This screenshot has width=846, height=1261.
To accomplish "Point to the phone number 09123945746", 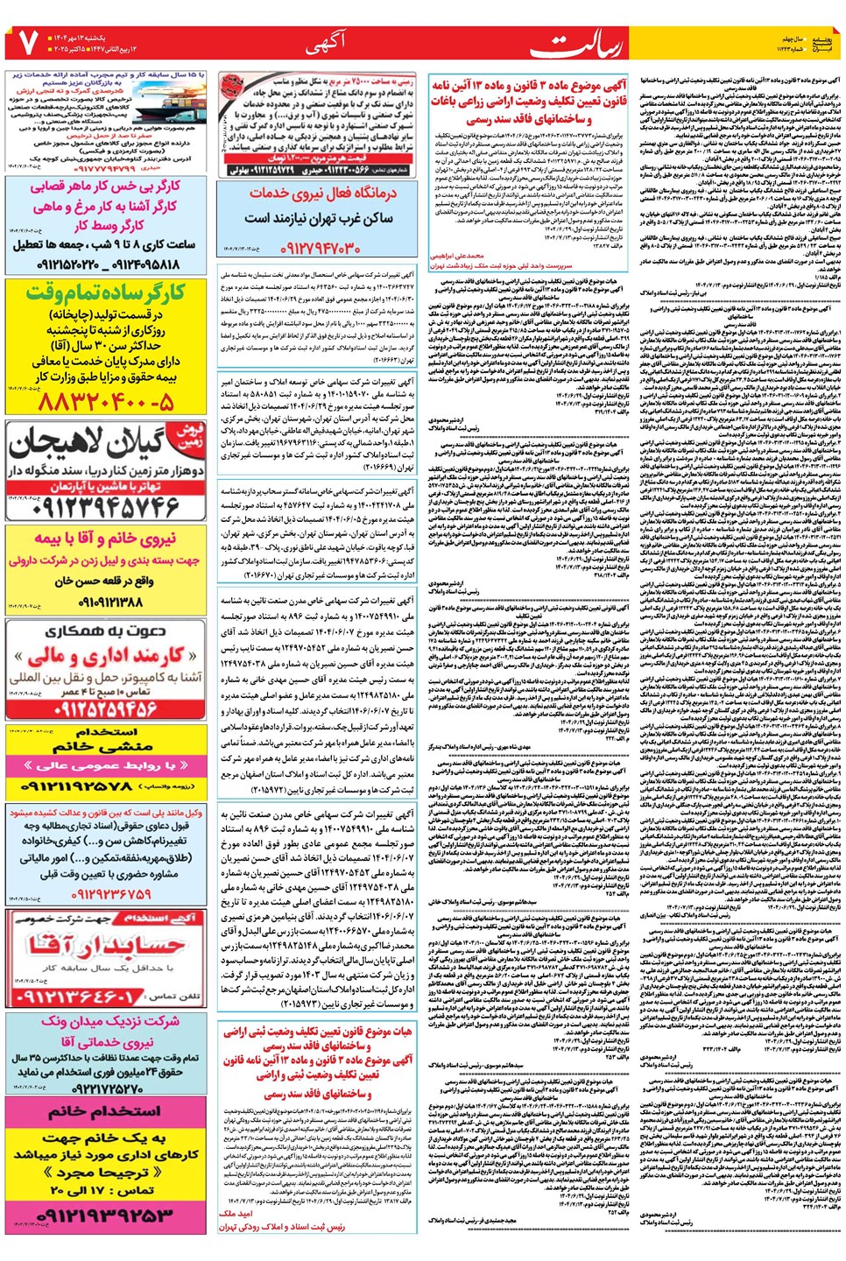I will (x=105, y=507).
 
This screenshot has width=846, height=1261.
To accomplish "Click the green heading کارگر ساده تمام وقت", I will (x=105, y=292).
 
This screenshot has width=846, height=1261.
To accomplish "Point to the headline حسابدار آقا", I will (x=105, y=946).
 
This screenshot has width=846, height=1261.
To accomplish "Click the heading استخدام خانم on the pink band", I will (x=104, y=1110).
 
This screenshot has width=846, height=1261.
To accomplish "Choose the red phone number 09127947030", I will (x=321, y=249).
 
